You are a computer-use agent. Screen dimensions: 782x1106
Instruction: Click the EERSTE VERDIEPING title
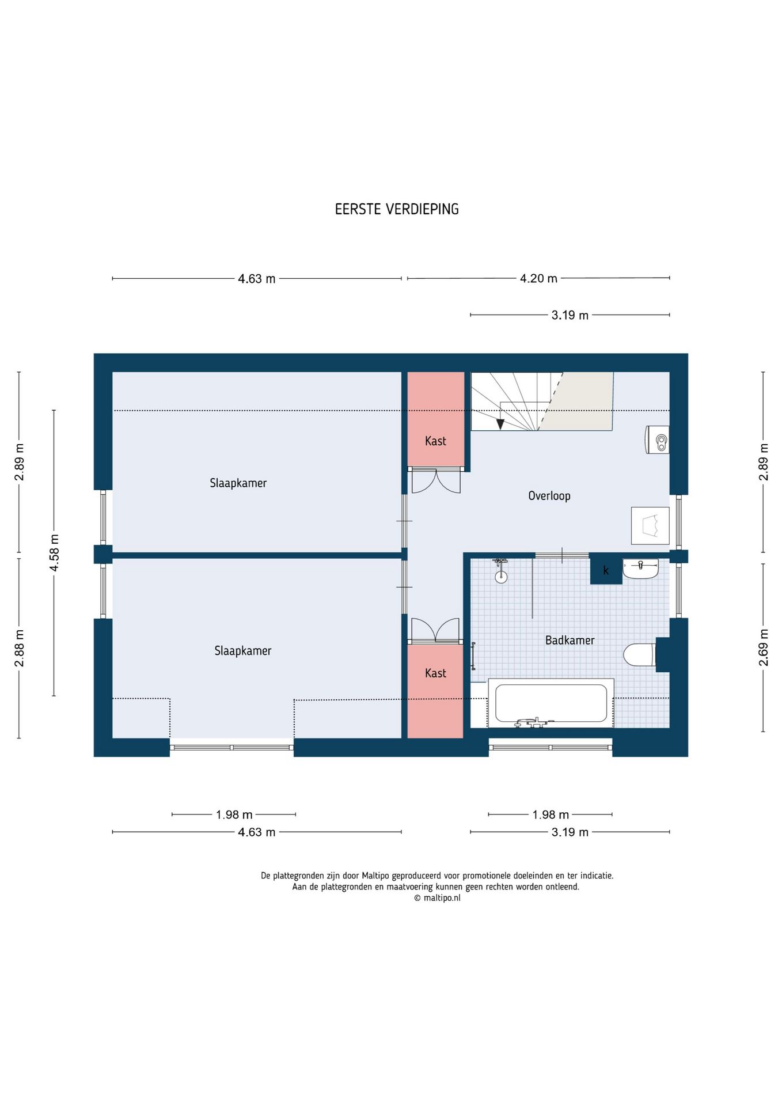tap(397, 209)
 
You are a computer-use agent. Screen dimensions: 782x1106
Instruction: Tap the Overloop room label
tap(549, 496)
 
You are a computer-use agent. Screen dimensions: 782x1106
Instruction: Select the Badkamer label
tap(570, 640)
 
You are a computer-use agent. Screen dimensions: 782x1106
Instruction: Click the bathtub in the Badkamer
tap(551, 703)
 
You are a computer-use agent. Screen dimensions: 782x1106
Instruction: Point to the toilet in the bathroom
tap(640, 654)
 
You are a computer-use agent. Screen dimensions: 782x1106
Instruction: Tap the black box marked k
tap(606, 569)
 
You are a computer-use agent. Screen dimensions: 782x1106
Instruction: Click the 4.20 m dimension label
tap(538, 279)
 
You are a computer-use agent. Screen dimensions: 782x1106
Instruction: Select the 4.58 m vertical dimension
tap(54, 552)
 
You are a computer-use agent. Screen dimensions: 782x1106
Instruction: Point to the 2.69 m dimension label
tap(764, 647)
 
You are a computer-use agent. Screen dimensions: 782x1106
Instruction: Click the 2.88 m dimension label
tap(19, 648)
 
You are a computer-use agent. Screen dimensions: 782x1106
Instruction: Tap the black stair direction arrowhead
tap(500, 424)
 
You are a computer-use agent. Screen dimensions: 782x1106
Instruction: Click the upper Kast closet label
tap(435, 441)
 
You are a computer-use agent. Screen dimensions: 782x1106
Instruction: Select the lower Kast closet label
tap(435, 673)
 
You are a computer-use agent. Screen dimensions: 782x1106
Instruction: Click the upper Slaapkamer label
tap(238, 483)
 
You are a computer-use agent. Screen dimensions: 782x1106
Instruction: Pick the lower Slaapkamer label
tap(242, 651)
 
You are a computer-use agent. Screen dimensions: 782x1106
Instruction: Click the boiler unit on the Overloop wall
tap(657, 440)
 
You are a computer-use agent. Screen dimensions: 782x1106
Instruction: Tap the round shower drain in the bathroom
tap(502, 577)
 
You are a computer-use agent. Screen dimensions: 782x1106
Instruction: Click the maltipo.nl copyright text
tap(437, 898)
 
